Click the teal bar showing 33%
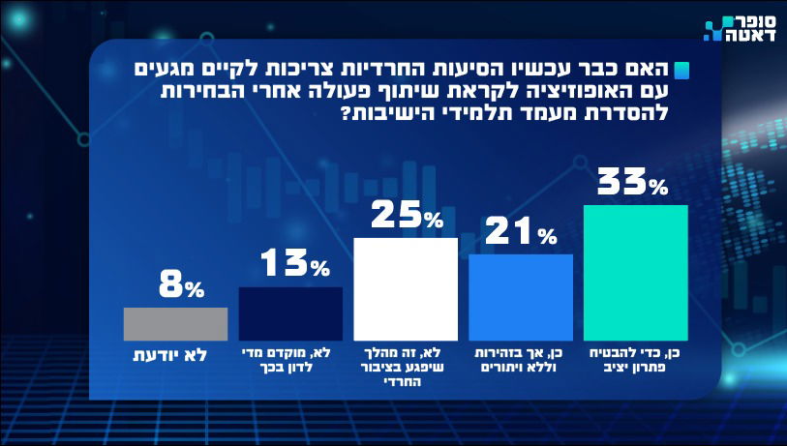pyautogui.click(x=636, y=273)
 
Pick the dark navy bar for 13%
pyautogui.click(x=290, y=313)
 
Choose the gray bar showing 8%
pyautogui.click(x=175, y=323)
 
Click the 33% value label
pyautogui.click(x=632, y=182)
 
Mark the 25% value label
pyautogui.click(x=406, y=215)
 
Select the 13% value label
pyautogui.click(x=293, y=264)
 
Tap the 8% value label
pyautogui.click(x=180, y=285)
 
